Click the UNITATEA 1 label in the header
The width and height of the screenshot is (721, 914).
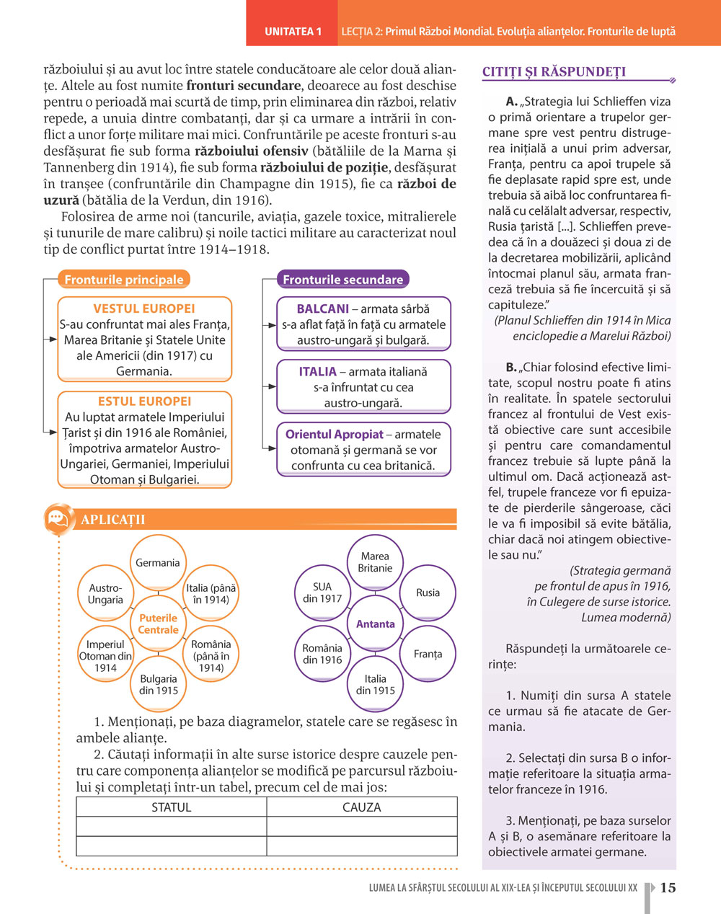coord(293,32)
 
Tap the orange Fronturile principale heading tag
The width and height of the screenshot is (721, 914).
coord(123,280)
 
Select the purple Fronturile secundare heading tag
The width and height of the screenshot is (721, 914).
coord(342,280)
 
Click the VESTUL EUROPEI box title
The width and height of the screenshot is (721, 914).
coord(144,309)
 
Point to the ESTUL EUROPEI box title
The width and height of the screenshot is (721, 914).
coord(144,401)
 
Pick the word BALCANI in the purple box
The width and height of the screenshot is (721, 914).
coord(322,309)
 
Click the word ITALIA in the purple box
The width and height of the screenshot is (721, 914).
coord(317,372)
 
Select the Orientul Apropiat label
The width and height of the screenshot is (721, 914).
coord(334,435)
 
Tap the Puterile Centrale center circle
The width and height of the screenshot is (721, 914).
coord(158,624)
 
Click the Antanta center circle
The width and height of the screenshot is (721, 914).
coord(375,624)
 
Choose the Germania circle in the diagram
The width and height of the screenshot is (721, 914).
coord(158,563)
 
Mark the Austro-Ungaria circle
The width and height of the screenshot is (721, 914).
coord(105,594)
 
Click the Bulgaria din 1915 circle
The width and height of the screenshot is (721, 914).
coord(158,685)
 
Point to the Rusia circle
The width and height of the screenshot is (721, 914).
coord(428,593)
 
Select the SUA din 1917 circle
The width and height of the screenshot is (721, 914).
coord(322,593)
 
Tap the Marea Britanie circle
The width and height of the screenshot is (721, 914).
coord(375,562)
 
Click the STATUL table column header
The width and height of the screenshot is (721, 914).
coord(171,807)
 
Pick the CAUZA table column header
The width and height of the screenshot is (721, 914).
coord(361,807)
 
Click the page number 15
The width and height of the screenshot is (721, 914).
coord(668,888)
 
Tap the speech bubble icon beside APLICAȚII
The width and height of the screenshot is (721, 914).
coord(57,518)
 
